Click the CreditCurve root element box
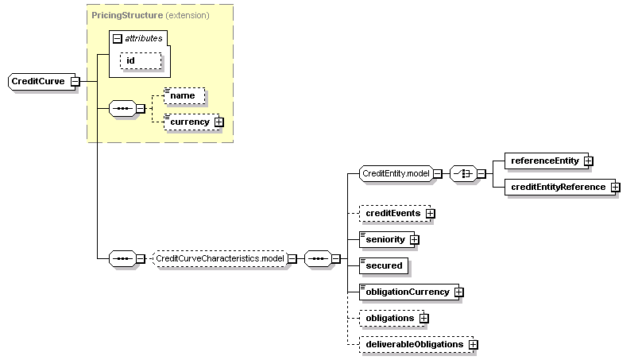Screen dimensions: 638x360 (41, 81)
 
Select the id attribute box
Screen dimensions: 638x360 (141, 61)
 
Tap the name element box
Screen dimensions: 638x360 (184, 95)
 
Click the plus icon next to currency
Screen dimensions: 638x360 (219, 122)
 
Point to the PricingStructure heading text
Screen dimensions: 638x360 (127, 15)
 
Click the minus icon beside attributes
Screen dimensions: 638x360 (117, 39)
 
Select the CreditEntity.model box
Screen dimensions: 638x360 (396, 174)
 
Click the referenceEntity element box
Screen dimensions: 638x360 (546, 161)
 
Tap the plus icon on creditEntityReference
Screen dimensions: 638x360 (616, 187)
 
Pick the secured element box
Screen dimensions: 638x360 (384, 265)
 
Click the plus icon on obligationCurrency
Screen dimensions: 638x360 (459, 292)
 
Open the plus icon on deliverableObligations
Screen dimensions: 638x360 (473, 345)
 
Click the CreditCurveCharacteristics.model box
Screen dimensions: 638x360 (220, 259)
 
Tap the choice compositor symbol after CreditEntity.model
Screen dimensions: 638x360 (463, 174)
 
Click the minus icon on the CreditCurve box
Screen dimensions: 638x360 (75, 81)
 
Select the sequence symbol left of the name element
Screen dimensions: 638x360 (122, 109)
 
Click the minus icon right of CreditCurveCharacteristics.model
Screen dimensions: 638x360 (292, 259)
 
